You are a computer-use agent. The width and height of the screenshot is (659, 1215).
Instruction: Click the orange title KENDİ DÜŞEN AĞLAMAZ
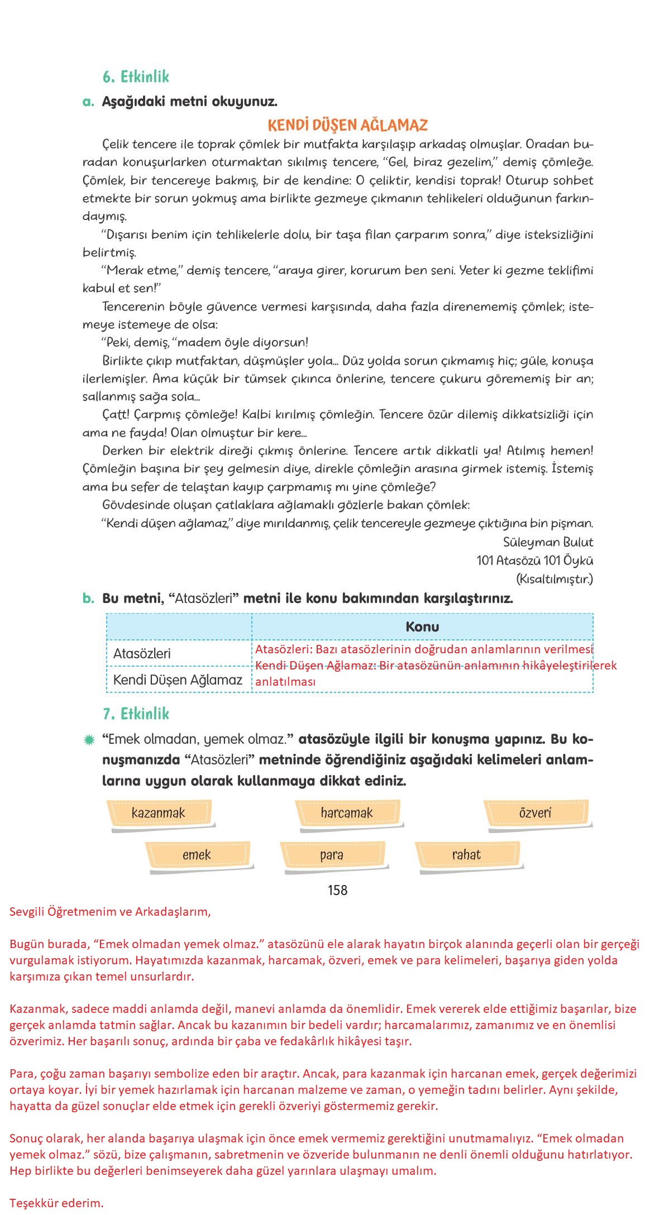coord(347,125)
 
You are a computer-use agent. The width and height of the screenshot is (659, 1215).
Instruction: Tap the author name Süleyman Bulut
coord(547,542)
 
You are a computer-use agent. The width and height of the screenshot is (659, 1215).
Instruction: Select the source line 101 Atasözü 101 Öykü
coord(534,561)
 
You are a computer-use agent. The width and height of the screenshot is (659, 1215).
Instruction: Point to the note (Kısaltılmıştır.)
coord(554,579)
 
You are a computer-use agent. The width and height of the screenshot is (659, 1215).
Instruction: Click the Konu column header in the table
coord(422,626)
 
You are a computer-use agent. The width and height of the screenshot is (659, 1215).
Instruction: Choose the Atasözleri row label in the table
coord(142,653)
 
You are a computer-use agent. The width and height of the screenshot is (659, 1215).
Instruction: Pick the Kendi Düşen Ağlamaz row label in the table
coord(178,680)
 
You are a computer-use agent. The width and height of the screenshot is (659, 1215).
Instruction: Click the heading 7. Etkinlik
coord(136,714)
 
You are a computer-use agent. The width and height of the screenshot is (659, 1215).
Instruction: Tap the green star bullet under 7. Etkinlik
coord(89,740)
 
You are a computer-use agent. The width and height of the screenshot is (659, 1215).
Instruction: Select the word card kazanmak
coord(158,813)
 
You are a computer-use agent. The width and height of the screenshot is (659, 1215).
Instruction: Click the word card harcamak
coord(346,813)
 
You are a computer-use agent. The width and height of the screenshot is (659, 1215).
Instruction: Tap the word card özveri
coord(535,813)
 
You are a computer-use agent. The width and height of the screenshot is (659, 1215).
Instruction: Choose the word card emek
coord(197,855)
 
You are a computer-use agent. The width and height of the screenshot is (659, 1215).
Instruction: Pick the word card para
coord(332,855)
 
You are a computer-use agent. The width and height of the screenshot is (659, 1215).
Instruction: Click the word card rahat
coord(466,855)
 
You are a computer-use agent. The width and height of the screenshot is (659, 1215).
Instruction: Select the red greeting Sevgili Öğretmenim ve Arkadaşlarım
coord(110,912)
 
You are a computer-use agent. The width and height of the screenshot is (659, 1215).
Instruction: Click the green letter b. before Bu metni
coord(88,599)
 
